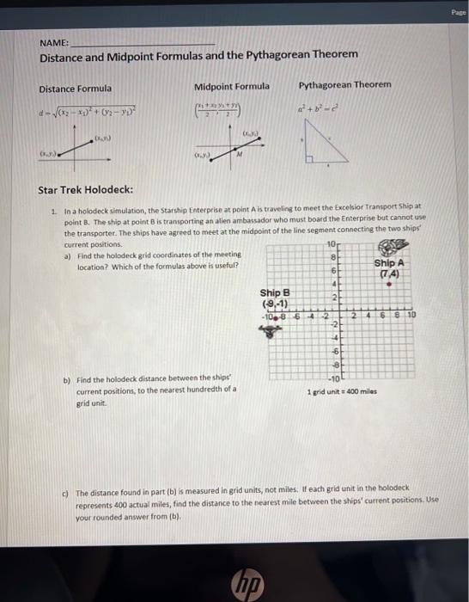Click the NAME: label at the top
click(x=54, y=40)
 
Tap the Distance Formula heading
click(x=75, y=89)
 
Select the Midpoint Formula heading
click(x=231, y=86)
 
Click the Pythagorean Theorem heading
click(x=344, y=84)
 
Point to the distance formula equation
click(x=85, y=112)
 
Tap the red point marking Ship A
click(x=389, y=280)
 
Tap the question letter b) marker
click(x=67, y=379)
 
